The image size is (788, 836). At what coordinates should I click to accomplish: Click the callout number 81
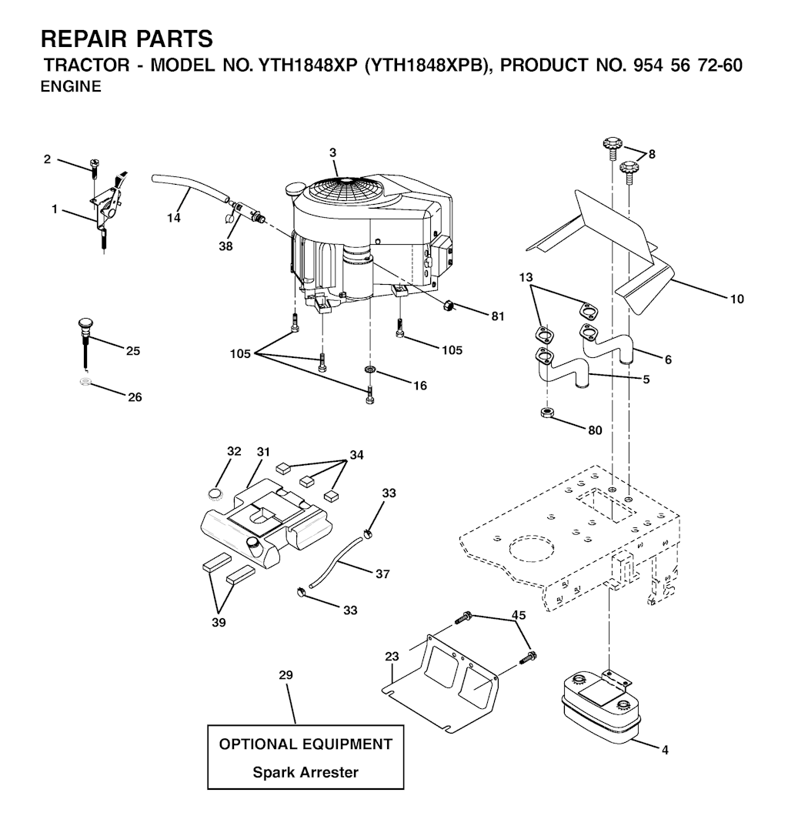[x=497, y=316]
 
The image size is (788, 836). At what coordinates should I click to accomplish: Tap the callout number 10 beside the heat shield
[x=736, y=299]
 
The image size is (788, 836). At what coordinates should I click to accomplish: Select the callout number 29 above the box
[x=285, y=675]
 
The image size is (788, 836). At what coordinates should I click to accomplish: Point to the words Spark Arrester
[x=306, y=772]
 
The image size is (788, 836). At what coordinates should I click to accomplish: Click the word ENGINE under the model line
[x=71, y=86]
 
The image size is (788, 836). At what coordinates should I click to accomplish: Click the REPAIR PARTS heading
[x=127, y=39]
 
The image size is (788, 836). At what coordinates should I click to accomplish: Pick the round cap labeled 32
[x=215, y=493]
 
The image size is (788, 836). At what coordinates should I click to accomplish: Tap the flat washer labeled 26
[x=84, y=382]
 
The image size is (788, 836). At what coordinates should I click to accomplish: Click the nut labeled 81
[x=449, y=306]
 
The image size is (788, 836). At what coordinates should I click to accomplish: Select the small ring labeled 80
[x=546, y=413]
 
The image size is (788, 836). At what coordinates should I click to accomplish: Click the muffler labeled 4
[x=602, y=707]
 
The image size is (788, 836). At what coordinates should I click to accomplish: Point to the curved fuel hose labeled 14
[x=190, y=188]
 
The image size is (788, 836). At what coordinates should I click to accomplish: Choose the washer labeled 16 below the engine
[x=369, y=370]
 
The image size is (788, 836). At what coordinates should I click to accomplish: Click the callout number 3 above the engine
[x=332, y=153]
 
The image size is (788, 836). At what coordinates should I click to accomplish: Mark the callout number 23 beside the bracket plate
[x=392, y=657]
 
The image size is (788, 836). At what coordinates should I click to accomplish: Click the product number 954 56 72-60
[x=687, y=65]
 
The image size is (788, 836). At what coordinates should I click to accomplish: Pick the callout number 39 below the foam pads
[x=219, y=622]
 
